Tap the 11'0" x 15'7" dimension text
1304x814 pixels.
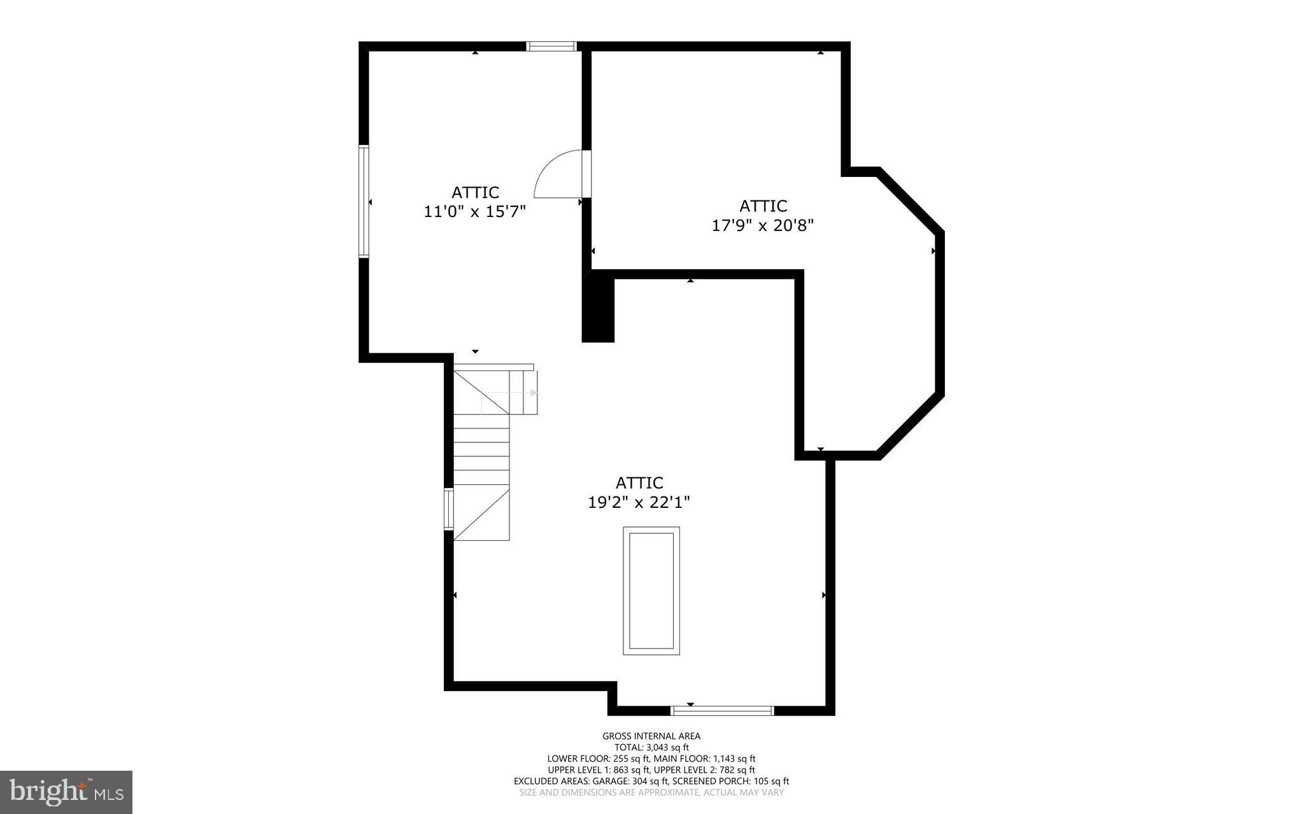(x=474, y=211)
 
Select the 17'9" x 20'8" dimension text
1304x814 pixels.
(x=763, y=225)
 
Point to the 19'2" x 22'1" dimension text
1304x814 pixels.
(x=639, y=502)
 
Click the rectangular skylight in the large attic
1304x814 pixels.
(x=651, y=591)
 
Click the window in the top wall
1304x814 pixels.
(x=551, y=46)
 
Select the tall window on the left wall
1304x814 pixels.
(x=364, y=201)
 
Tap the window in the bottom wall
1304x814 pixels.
(x=722, y=710)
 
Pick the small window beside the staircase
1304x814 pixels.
(x=448, y=509)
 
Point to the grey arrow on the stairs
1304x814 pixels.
(x=532, y=393)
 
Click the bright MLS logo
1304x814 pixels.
(x=66, y=792)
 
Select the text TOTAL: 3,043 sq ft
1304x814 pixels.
(x=651, y=747)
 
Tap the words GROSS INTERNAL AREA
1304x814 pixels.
(x=651, y=736)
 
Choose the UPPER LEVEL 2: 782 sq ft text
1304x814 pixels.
(x=704, y=769)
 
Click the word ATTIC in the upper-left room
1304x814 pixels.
(x=475, y=192)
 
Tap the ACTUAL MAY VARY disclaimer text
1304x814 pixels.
(x=743, y=792)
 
